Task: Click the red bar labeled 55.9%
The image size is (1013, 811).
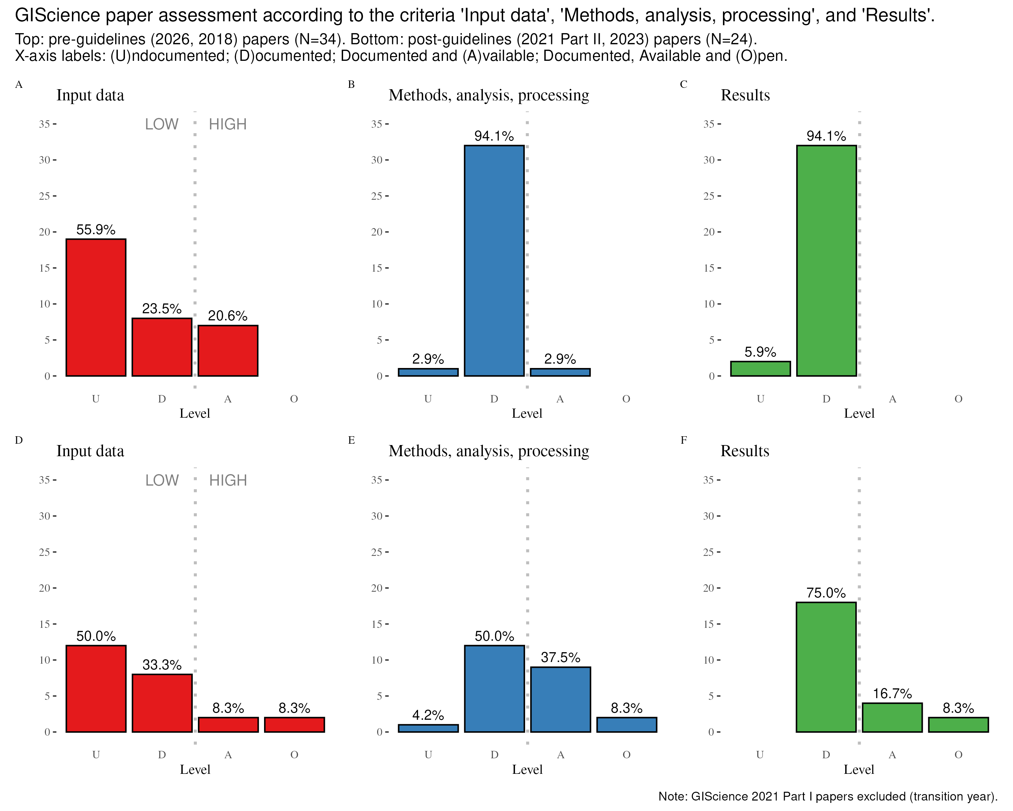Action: (96, 308)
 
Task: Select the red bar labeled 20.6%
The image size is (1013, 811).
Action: (228, 351)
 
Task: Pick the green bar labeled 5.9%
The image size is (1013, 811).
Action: (760, 369)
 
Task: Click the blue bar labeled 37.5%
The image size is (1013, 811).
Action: (561, 699)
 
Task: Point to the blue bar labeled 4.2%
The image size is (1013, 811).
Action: (428, 728)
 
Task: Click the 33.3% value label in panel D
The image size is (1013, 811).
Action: (162, 665)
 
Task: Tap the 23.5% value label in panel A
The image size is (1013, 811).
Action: (162, 309)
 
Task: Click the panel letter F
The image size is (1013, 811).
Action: (684, 440)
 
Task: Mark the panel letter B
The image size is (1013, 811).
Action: (351, 84)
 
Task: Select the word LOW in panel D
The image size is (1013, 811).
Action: (162, 480)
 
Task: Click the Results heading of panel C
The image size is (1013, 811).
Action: (745, 95)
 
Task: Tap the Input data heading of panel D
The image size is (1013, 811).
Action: (90, 451)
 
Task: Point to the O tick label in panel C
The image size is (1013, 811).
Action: (959, 399)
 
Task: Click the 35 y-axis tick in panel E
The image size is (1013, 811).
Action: (376, 480)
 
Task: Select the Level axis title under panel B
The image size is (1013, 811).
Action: (527, 414)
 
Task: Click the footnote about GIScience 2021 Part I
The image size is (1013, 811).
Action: (828, 796)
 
